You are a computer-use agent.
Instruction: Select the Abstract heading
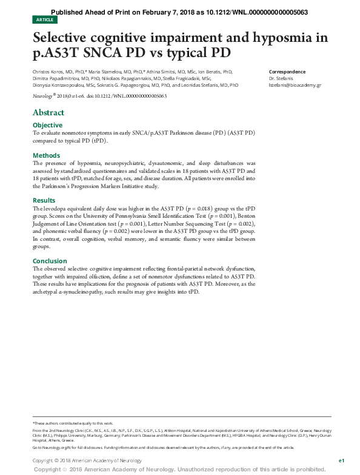pyautogui.click(x=48, y=112)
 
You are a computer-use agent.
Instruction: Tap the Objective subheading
pyautogui.click(x=47, y=125)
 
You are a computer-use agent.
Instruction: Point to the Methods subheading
pyautogui.click(x=46, y=155)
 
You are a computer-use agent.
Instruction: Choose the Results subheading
pyautogui.click(x=44, y=200)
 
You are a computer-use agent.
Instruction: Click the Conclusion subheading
pyautogui.click(x=50, y=261)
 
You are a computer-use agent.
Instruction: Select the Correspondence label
pyautogui.click(x=287, y=72)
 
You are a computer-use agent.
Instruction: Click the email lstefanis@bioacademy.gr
pyautogui.click(x=295, y=86)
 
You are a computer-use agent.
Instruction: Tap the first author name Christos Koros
pyautogui.click(x=49, y=72)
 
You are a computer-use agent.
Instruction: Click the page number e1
pyautogui.click(x=342, y=461)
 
